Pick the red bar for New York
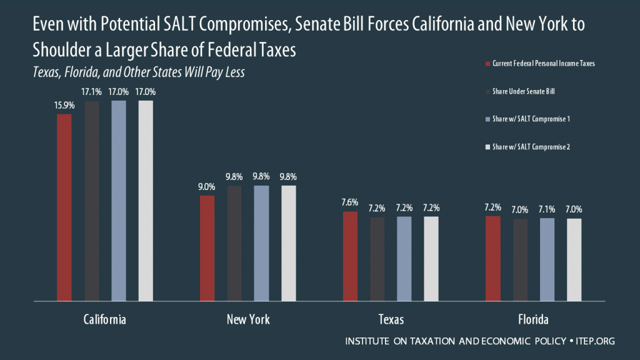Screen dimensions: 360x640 pyautogui.click(x=207, y=249)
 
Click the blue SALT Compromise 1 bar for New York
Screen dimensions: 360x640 pyautogui.click(x=261, y=244)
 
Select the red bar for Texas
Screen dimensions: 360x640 pyautogui.click(x=350, y=257)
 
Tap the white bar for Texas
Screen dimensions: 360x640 pyautogui.click(x=431, y=259)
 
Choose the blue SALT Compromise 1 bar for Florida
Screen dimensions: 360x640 pyautogui.click(x=547, y=260)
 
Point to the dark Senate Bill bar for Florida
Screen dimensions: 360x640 pyautogui.click(x=520, y=261)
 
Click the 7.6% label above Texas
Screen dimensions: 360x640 pyautogui.click(x=350, y=202)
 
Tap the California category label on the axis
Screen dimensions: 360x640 pyautogui.click(x=105, y=319)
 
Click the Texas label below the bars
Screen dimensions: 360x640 pyautogui.click(x=391, y=319)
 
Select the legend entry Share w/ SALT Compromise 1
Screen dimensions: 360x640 pyautogui.click(x=531, y=119)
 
